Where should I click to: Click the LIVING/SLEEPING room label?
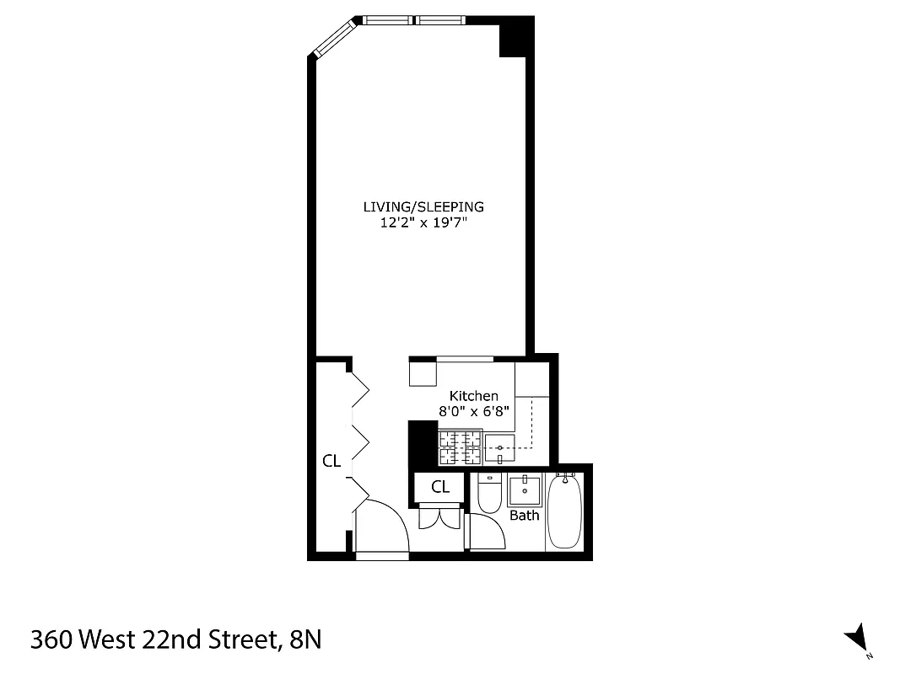pos(423,206)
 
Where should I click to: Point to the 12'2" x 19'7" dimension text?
pos(423,223)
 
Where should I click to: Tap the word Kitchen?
pos(473,396)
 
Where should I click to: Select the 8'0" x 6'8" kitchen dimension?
pos(473,411)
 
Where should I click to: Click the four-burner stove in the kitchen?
pos(459,447)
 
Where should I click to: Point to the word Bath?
pos(524,515)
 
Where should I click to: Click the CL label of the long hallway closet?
pos(331,461)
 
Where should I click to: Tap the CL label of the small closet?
pos(440,487)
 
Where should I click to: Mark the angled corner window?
pos(335,39)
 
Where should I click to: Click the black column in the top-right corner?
pos(515,38)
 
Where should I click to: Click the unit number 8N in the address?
pos(304,640)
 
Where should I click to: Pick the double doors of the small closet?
pos(439,516)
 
